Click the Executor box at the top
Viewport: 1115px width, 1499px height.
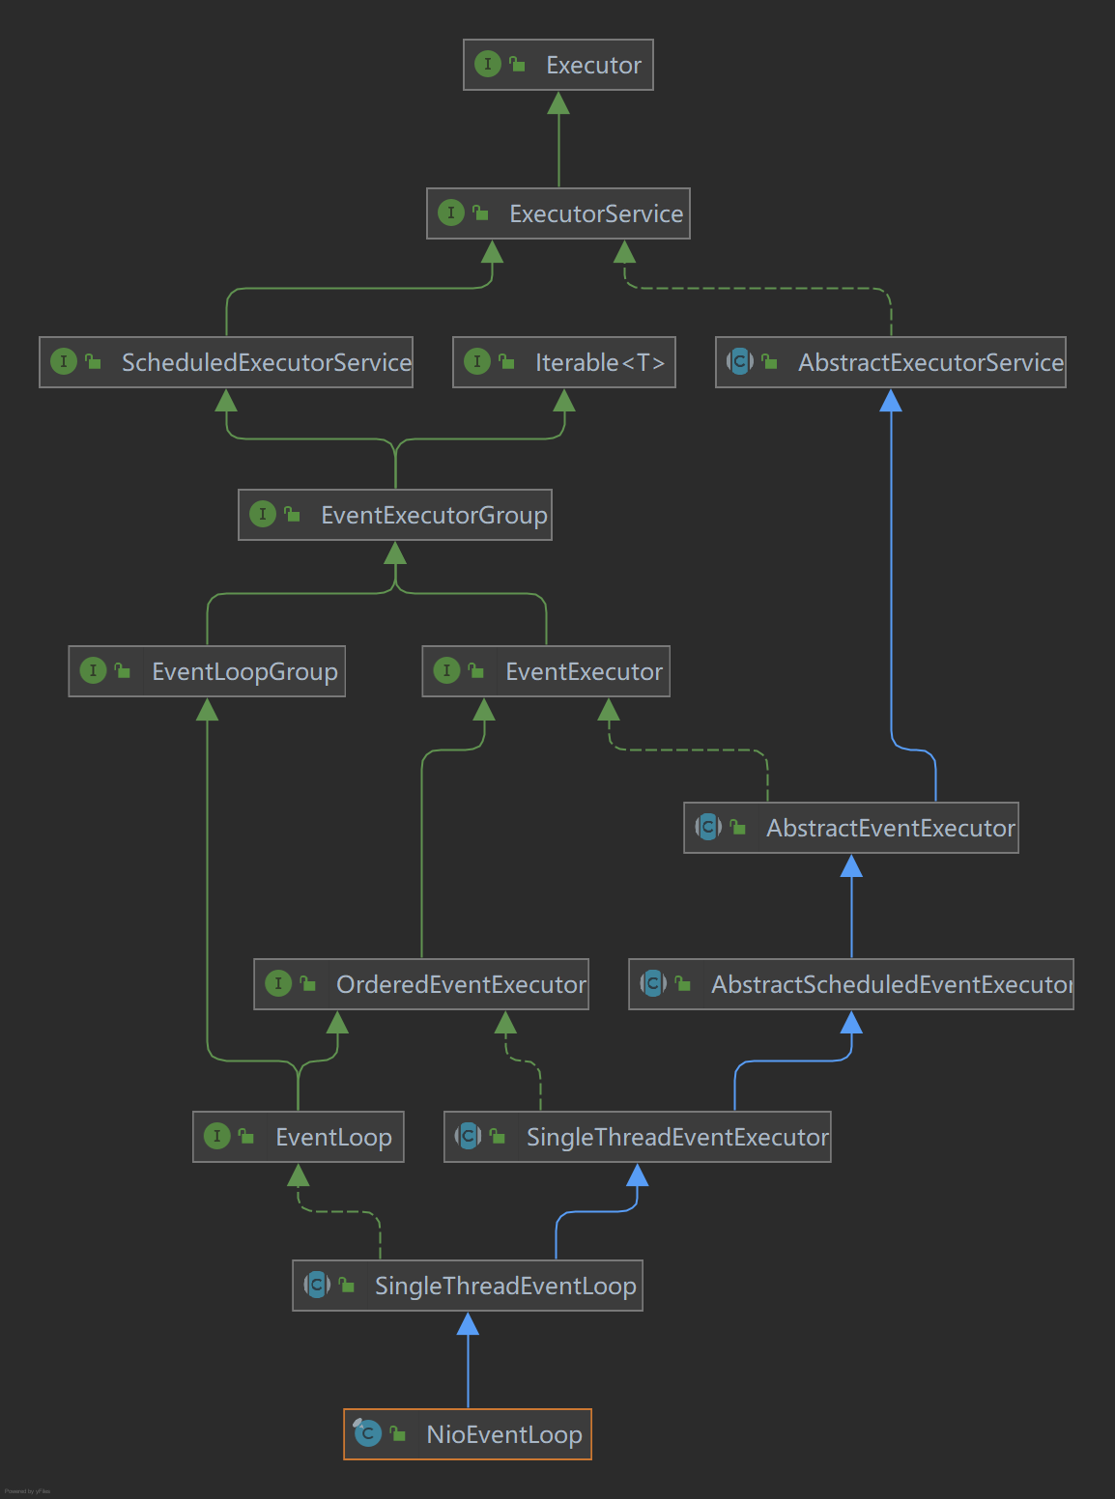point(558,65)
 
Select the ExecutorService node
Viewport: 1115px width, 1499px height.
point(558,213)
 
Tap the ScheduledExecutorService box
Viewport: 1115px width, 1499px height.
point(226,362)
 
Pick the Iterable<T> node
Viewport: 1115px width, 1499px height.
point(564,362)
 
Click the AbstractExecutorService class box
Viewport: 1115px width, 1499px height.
point(890,362)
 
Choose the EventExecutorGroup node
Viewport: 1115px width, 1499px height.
point(395,515)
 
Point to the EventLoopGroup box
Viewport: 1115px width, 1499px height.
point(207,671)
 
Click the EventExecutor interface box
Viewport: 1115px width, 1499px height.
point(546,671)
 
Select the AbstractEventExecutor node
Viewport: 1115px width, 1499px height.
point(850,828)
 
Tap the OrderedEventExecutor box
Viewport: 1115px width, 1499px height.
point(421,984)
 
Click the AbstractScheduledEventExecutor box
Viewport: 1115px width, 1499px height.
point(850,984)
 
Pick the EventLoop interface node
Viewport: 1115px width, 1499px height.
point(299,1137)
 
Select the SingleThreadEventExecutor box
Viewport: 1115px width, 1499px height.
point(637,1137)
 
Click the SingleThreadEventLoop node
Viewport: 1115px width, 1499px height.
point(468,1286)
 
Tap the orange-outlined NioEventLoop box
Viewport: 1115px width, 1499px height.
point(468,1434)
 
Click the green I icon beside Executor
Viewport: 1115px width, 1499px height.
point(488,65)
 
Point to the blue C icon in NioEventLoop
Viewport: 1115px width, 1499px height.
point(368,1434)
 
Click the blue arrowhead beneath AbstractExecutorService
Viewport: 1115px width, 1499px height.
point(891,401)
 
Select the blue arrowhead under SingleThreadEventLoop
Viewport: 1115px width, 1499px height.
point(468,1324)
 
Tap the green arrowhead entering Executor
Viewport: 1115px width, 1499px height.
point(558,103)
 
